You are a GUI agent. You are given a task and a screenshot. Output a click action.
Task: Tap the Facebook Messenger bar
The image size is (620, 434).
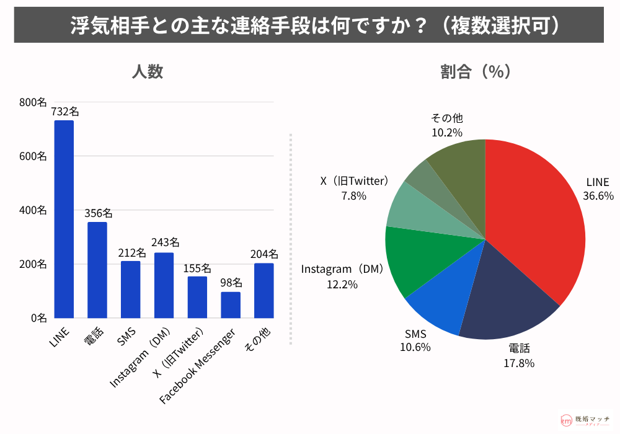pyautogui.click(x=231, y=304)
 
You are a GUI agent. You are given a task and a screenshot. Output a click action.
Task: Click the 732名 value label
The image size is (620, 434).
pyautogui.click(x=64, y=112)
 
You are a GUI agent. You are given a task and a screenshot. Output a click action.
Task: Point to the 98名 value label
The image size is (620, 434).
pyautogui.click(x=231, y=283)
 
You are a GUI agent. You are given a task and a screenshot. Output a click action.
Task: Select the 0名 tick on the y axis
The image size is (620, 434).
pyautogui.click(x=38, y=318)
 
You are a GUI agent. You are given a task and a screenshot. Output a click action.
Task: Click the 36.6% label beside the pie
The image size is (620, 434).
pyautogui.click(x=598, y=196)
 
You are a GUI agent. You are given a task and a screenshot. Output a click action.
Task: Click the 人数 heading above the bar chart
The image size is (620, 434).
pyautogui.click(x=148, y=72)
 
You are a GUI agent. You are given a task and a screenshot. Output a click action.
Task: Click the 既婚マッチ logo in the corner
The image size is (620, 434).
pyautogui.click(x=586, y=420)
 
